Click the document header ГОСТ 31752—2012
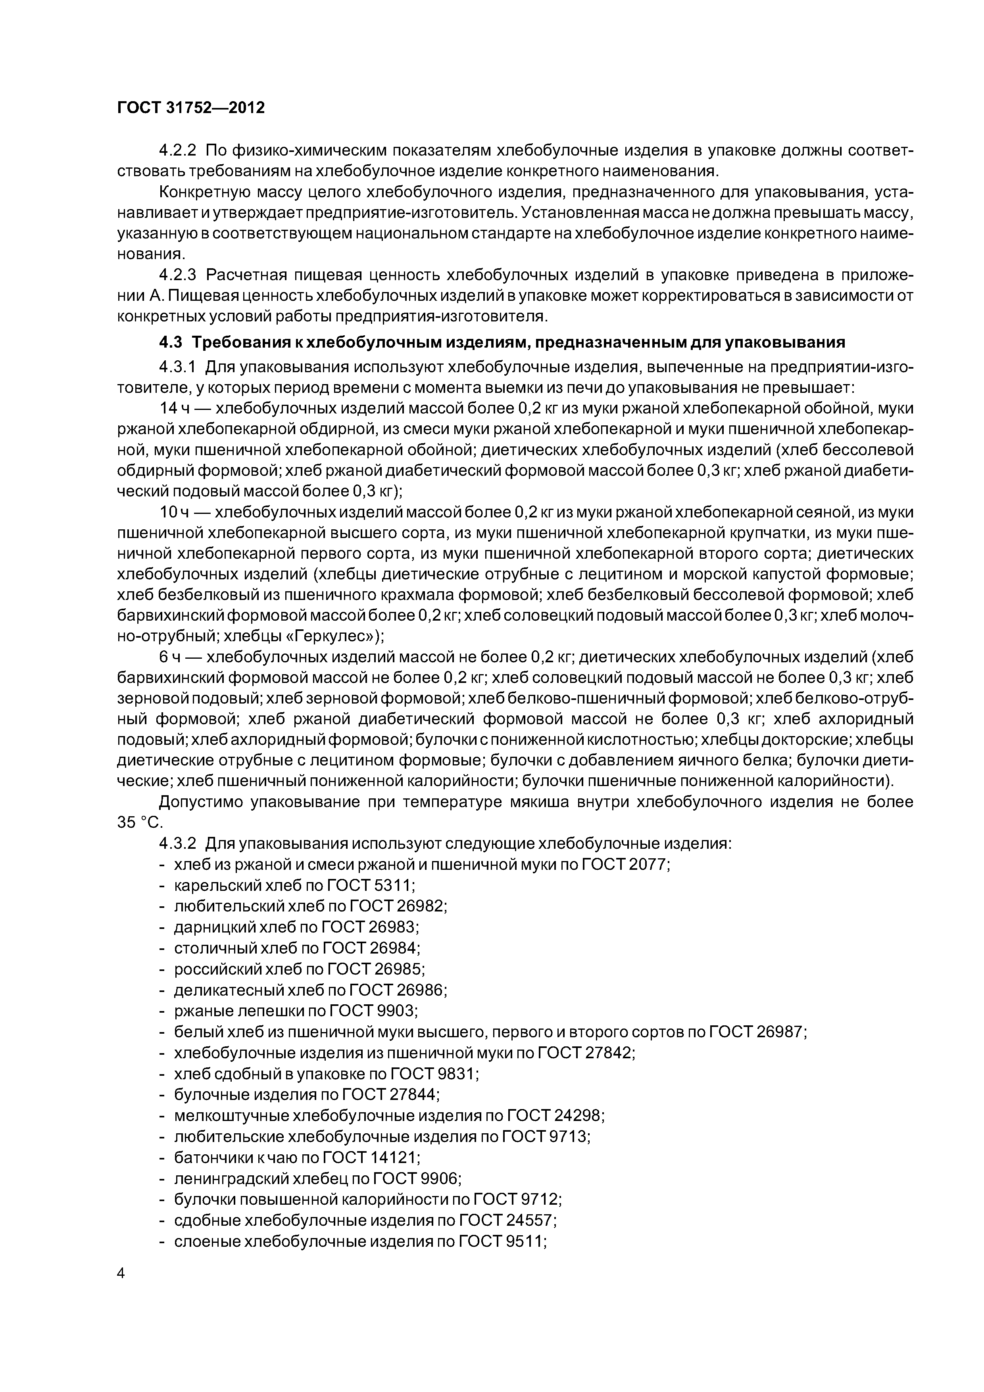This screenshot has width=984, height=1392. point(191,108)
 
